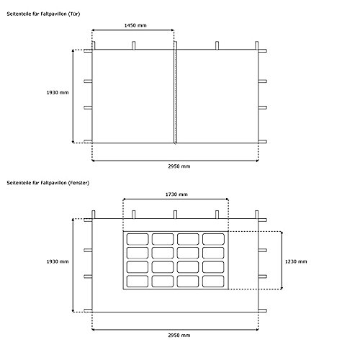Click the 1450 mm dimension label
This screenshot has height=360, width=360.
click(x=135, y=25)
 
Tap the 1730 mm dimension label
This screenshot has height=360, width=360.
click(x=176, y=194)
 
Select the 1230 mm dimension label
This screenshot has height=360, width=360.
click(x=296, y=261)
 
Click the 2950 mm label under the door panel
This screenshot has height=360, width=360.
click(x=179, y=166)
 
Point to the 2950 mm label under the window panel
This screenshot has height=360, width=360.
click(x=179, y=336)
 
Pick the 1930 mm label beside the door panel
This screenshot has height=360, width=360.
click(x=58, y=93)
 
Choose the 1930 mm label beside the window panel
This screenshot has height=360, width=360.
click(x=58, y=261)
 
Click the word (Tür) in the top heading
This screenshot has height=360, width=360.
click(x=74, y=14)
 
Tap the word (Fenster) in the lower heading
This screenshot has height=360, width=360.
click(x=78, y=183)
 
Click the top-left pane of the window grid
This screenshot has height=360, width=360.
click(x=138, y=239)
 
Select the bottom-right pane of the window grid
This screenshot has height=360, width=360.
click(x=213, y=282)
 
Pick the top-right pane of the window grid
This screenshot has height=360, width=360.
click(x=213, y=239)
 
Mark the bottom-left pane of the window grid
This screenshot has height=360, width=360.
click(x=138, y=282)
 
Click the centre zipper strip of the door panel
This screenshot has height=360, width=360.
click(x=176, y=96)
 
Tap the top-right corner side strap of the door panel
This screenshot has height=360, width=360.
click(x=263, y=51)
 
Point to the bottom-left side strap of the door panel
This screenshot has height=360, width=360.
click(x=88, y=141)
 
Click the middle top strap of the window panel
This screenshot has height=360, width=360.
click(x=176, y=215)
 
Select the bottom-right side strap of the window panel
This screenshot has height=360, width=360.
click(x=263, y=310)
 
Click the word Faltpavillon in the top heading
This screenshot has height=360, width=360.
click(x=53, y=14)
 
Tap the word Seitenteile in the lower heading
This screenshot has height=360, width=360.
click(x=19, y=183)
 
